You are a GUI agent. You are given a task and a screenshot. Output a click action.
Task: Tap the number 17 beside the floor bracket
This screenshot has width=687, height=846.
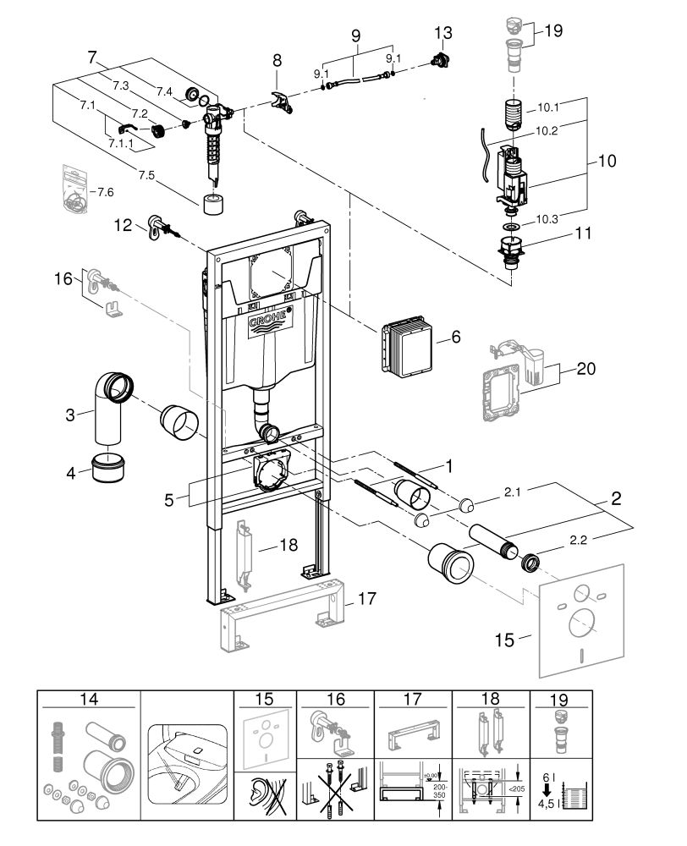tap(365, 600)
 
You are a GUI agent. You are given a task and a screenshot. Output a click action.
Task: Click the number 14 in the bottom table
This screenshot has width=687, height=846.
tap(87, 700)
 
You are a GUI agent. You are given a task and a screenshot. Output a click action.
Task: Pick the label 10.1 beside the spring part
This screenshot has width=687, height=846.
tap(549, 108)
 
